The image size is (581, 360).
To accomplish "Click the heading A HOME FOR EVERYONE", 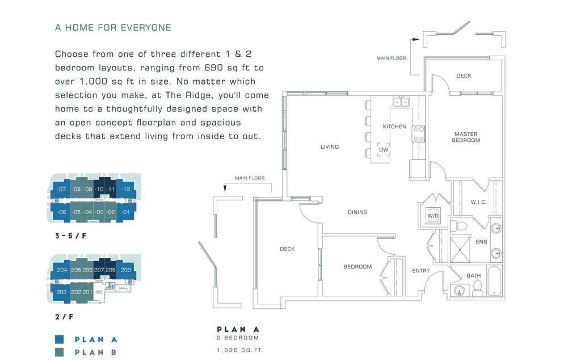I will click(113, 27).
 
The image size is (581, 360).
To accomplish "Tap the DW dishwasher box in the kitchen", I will click(384, 150).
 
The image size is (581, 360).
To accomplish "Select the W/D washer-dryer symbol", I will click(433, 216).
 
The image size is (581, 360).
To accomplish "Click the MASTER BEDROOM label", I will click(466, 137).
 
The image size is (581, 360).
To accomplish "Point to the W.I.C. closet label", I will click(478, 202).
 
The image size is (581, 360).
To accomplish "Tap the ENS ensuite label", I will click(481, 242).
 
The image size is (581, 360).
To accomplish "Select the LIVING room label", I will click(329, 147).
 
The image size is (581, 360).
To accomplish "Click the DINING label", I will click(357, 212).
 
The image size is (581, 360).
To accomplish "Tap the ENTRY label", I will click(421, 271).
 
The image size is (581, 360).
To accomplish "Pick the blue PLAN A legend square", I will click(60, 340).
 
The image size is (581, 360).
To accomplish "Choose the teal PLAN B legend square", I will click(60, 352).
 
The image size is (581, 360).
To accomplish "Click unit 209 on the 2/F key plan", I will click(126, 270).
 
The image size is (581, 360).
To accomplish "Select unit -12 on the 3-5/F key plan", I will click(126, 189).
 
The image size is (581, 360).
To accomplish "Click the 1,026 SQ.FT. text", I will click(240, 350).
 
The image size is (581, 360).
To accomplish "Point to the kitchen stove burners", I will click(419, 134).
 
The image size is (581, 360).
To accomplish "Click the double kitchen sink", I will click(401, 102).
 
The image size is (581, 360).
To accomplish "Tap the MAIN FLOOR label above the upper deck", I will click(391, 58).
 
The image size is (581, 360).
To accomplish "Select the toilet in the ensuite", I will click(461, 226).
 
